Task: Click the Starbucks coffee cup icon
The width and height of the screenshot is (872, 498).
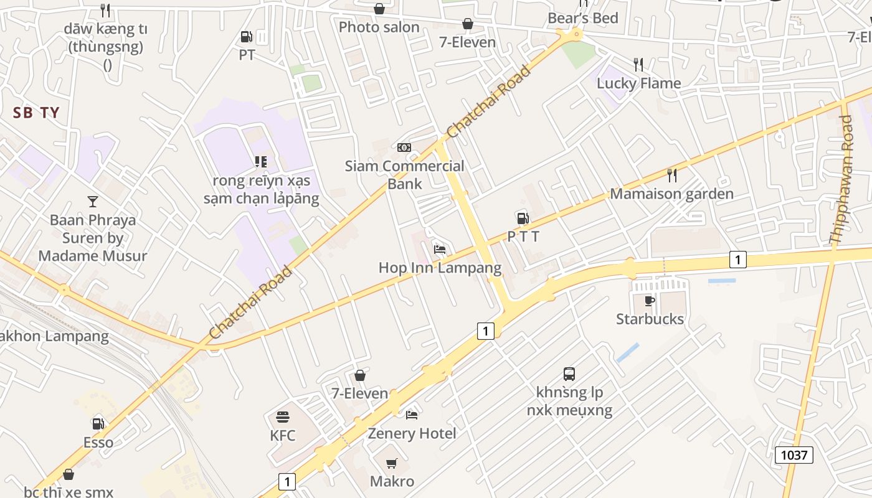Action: pos(650,301)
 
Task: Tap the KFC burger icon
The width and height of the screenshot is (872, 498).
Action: pos(283,416)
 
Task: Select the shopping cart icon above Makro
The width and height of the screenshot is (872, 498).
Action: pos(392,463)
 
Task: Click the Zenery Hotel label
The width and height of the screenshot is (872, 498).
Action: pos(412,433)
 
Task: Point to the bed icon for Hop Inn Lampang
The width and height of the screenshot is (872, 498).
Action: pos(440,249)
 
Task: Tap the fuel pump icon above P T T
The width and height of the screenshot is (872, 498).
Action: pos(523,218)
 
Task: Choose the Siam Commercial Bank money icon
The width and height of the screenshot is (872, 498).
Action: pos(404,148)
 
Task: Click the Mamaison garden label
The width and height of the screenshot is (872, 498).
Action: pos(671,194)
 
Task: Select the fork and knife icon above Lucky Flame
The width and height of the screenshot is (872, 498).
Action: pos(638,65)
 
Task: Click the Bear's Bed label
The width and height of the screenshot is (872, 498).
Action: pos(583,18)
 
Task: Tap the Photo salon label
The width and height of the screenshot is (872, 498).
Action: pos(379,27)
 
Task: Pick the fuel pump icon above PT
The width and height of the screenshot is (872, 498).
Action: pos(247,37)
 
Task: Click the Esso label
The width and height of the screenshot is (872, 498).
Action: pos(98,442)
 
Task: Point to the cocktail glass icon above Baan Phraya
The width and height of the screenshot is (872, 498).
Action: pos(93,201)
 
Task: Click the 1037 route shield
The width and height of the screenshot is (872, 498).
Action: pos(794,455)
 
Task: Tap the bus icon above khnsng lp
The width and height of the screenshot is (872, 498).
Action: pos(569,374)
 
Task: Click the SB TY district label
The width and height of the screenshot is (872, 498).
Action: pos(36,113)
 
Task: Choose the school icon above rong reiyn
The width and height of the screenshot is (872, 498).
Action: pos(261,162)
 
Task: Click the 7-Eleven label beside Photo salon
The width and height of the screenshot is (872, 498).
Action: pos(467,42)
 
